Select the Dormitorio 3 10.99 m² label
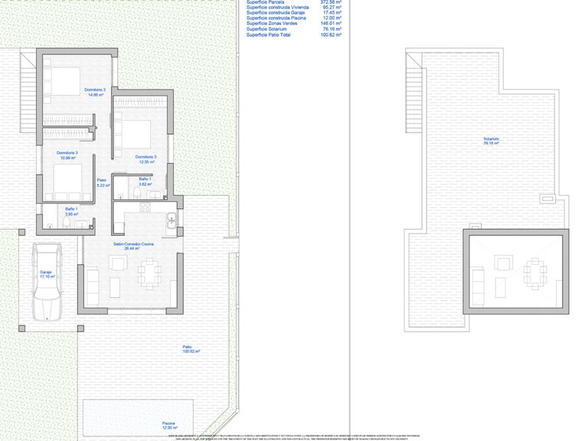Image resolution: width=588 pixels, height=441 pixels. point(67,155)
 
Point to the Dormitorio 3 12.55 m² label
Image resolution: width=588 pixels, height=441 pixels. point(148,159)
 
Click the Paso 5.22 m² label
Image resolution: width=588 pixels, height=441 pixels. point(101,185)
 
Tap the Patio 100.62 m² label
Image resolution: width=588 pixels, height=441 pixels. point(191,348)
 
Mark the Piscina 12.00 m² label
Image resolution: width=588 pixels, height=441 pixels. point(168,425)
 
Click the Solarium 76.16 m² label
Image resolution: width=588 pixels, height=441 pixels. point(492,141)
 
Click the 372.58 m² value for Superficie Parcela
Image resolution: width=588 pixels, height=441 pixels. point(330,2)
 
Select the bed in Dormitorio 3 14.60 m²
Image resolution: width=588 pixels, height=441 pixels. point(58,80)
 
